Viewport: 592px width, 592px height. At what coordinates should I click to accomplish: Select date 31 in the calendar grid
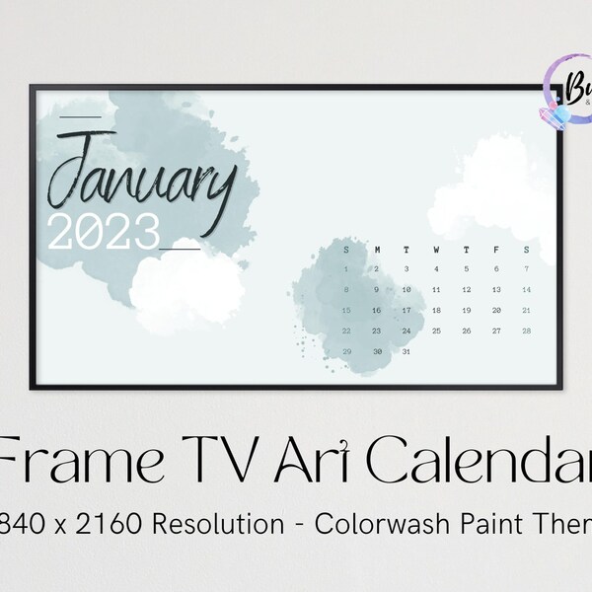[406, 351]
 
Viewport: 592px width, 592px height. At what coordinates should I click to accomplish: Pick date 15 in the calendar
[346, 310]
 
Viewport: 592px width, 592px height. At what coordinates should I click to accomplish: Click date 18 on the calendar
[436, 310]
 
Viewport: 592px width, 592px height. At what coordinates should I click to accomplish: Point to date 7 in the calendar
[527, 268]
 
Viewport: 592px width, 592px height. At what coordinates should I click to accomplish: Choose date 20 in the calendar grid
[496, 310]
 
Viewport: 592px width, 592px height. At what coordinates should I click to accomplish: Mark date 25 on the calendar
[436, 331]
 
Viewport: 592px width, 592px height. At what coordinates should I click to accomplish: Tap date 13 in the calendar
[496, 289]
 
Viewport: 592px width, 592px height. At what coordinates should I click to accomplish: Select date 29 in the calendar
[346, 351]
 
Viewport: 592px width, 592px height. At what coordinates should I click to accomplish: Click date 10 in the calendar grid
[406, 289]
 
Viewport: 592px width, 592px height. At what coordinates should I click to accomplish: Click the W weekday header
[436, 250]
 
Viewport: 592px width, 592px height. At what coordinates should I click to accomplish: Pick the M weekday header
[376, 250]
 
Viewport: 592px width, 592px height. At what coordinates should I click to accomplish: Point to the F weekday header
[496, 250]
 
